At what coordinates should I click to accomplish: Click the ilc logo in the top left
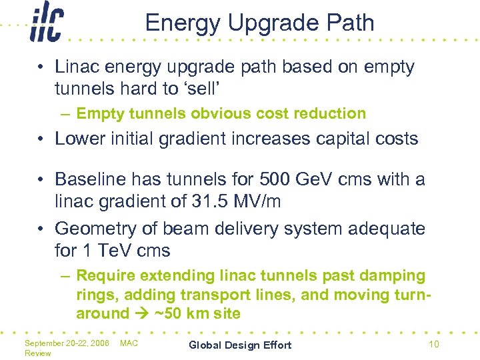tap(46, 25)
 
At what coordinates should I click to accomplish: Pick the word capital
tap(344, 139)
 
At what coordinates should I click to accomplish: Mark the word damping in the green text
tap(391, 275)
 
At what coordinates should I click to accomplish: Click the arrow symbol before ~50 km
tap(141, 314)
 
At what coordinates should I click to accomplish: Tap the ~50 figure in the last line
tap(166, 314)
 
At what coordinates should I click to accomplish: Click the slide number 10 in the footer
tap(433, 345)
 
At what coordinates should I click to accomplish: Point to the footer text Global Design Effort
tap(240, 345)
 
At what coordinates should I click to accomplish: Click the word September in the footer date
tap(45, 343)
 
